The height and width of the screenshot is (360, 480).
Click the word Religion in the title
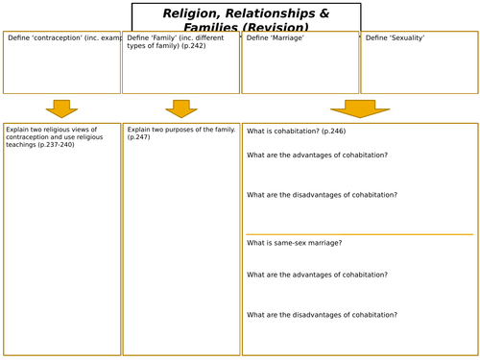(195, 13)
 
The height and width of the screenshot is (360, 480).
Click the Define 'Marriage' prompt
(271, 38)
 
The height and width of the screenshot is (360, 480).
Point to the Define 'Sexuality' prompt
(395, 38)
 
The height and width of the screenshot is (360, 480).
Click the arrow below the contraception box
(61, 108)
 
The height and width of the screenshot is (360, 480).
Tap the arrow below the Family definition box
(180, 108)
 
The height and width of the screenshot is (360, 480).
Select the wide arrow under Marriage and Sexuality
(360, 108)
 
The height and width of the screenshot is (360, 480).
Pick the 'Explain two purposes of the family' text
(180, 129)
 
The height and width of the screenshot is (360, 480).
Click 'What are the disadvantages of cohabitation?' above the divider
(322, 195)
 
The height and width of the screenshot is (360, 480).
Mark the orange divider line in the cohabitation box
(359, 234)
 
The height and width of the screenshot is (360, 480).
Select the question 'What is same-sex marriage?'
(294, 243)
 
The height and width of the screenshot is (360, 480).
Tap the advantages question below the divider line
(317, 275)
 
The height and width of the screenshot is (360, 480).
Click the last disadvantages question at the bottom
(322, 315)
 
